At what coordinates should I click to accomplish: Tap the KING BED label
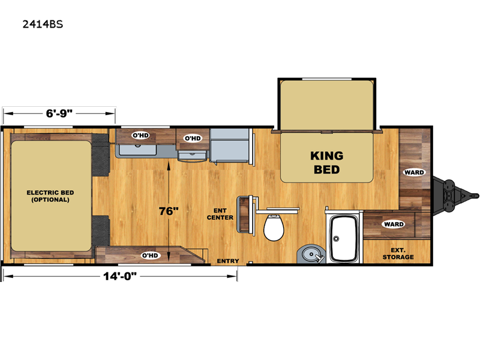tap(326, 162)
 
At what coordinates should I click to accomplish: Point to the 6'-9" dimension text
tap(59, 112)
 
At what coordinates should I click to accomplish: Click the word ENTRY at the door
tap(228, 260)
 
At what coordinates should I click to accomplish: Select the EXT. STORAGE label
tap(398, 253)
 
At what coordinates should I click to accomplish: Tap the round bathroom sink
tap(310, 254)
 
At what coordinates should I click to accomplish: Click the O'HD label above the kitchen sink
tap(140, 136)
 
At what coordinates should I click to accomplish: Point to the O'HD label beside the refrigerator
tap(192, 138)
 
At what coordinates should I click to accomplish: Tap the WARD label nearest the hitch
tap(414, 172)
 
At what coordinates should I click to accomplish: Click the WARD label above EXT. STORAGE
tap(394, 224)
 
